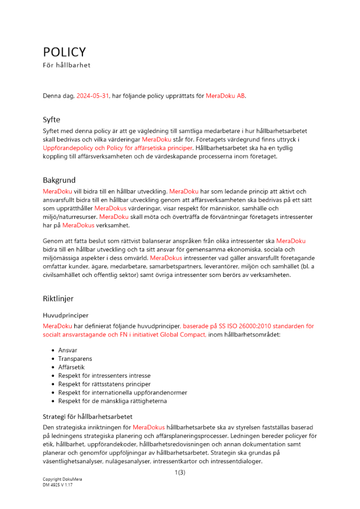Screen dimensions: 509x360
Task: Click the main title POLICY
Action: (x=64, y=52)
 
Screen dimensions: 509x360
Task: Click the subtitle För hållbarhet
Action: (x=67, y=65)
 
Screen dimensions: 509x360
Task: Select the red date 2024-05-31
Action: (x=93, y=96)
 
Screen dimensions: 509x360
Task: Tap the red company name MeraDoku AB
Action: (x=226, y=96)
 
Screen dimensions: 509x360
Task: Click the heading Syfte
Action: (x=51, y=120)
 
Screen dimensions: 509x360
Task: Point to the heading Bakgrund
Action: (x=59, y=180)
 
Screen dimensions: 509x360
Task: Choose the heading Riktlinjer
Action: (x=58, y=298)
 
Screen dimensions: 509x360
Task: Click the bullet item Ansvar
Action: (x=68, y=351)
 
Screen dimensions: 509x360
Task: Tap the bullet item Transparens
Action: (x=75, y=359)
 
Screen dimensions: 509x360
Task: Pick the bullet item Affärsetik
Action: (x=72, y=367)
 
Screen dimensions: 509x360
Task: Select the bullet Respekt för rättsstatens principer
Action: (x=104, y=384)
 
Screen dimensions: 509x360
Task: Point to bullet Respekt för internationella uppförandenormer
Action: (x=122, y=392)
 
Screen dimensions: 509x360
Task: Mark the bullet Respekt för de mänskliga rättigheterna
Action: (x=113, y=401)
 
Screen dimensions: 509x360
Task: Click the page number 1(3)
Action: (x=179, y=473)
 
